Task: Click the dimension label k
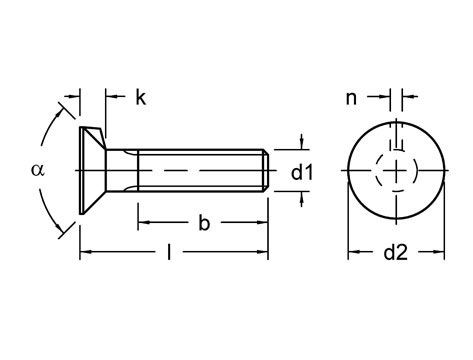point(141,97)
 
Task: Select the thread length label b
point(203,223)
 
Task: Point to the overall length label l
point(172,254)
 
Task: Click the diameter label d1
point(303,172)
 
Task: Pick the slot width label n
point(351,98)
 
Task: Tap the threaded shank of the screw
point(200,172)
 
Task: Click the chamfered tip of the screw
point(266,172)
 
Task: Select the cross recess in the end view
point(395,172)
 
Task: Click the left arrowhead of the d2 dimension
point(351,253)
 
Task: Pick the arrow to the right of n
point(409,97)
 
